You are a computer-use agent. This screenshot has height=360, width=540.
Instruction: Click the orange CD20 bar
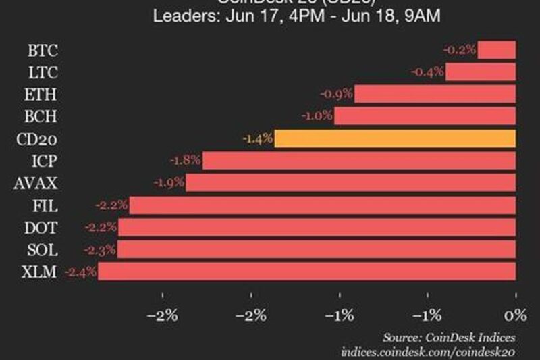click(395, 138)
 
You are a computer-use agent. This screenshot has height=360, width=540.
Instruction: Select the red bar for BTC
click(497, 49)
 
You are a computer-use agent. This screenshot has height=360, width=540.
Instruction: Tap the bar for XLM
click(307, 272)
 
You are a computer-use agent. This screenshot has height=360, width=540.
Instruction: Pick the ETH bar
click(435, 94)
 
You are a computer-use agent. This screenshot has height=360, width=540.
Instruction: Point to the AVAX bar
click(351, 182)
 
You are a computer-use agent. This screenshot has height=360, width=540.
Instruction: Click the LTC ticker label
click(43, 72)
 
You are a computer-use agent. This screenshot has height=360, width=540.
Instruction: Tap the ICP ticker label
click(44, 161)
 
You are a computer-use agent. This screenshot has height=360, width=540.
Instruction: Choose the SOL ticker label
click(43, 249)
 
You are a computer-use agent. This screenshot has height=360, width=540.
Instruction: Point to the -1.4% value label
click(257, 138)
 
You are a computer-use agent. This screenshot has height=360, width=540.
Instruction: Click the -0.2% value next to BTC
click(460, 49)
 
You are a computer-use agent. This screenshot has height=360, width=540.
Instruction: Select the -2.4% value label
click(80, 272)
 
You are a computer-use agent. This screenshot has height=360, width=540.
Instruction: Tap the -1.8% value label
click(186, 161)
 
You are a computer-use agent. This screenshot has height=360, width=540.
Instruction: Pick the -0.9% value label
click(337, 94)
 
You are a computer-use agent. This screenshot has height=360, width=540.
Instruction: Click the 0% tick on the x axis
click(515, 315)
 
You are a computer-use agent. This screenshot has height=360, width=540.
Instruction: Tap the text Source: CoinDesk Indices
click(449, 337)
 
